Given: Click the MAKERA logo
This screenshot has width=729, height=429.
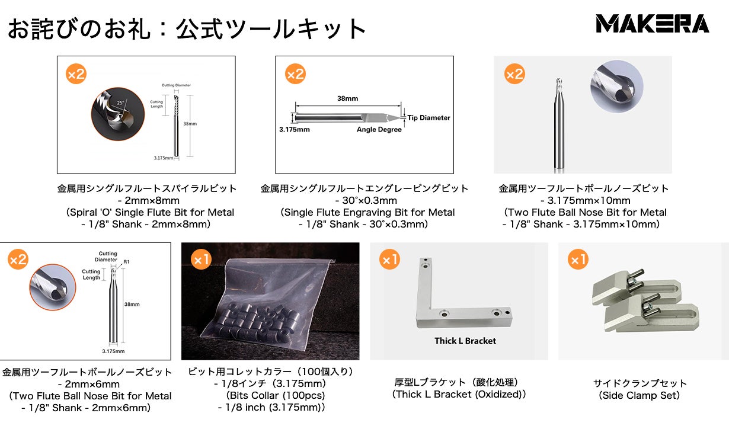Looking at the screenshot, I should [x=652, y=24].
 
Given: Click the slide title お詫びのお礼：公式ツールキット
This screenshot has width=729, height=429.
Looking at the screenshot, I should [x=187, y=28].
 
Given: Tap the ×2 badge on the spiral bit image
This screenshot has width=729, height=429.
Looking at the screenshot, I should [x=76, y=74].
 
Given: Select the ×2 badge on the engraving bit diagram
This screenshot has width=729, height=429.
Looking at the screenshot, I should [x=295, y=74].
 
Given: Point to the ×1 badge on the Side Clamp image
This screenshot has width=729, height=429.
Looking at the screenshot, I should [x=578, y=260].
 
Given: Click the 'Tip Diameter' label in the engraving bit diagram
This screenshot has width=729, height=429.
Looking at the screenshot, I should [x=429, y=118].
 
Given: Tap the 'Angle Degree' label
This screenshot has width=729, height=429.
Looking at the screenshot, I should [x=379, y=130].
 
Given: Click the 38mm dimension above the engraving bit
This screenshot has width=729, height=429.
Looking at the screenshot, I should [x=347, y=98].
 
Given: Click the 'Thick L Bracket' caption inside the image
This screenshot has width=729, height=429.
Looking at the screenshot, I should [x=465, y=341].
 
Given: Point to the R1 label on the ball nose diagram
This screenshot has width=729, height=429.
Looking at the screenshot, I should [x=126, y=261].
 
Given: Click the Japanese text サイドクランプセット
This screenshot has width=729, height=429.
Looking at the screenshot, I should [x=640, y=383].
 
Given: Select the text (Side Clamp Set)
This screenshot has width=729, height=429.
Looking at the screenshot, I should [x=640, y=395].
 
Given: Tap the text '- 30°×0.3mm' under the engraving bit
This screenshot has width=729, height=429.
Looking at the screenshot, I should [x=364, y=200].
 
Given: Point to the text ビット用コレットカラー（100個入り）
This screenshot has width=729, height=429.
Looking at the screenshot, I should [x=270, y=372].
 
